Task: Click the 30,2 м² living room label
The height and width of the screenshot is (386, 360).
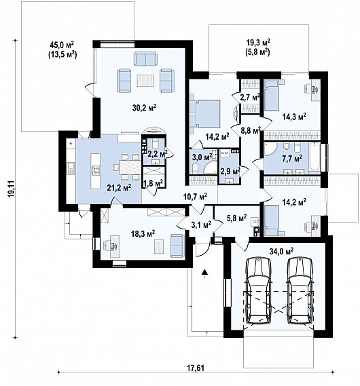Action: click(145, 108)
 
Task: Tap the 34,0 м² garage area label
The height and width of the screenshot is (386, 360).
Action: click(281, 252)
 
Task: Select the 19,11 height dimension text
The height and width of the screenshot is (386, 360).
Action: click(11, 189)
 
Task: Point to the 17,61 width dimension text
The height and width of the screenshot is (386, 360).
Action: click(195, 368)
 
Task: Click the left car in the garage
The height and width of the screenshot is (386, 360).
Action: click(258, 291)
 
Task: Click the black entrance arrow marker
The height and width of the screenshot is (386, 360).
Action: click(204, 272)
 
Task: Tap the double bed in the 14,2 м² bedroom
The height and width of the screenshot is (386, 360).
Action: click(205, 113)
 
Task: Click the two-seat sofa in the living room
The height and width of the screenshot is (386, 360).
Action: click(145, 58)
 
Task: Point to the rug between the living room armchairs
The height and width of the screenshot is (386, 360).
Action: click(145, 81)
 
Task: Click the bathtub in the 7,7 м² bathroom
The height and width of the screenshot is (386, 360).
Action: click(314, 157)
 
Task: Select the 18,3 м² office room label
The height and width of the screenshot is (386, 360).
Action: click(143, 233)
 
